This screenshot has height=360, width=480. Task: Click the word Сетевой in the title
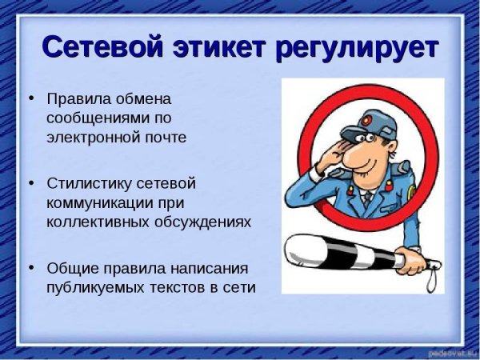pyautogui.click(x=102, y=47)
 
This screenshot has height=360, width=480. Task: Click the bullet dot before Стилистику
pyautogui.click(x=31, y=182)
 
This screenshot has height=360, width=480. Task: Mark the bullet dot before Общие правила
pyautogui.click(x=31, y=267)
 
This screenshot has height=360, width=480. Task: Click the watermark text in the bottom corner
pyautogui.click(x=447, y=352)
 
